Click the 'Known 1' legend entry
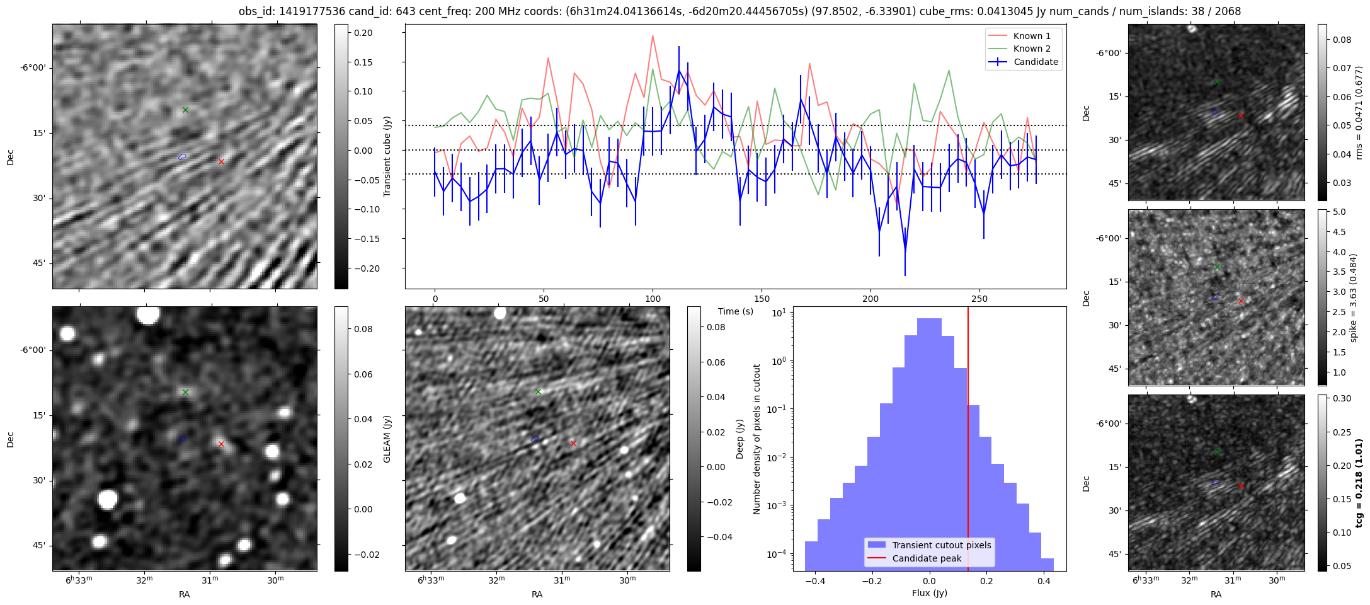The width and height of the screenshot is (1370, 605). tap(1031, 36)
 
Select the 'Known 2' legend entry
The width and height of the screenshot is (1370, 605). tap(1031, 49)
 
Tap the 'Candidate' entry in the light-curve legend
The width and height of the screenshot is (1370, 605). tap(1036, 62)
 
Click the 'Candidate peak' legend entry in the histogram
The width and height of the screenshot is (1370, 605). tap(927, 558)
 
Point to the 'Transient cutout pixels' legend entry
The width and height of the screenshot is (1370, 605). tap(941, 545)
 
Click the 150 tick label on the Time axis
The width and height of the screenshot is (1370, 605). tap(762, 299)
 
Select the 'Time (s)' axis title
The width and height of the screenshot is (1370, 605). tap(736, 311)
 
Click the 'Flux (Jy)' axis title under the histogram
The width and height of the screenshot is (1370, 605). tap(929, 593)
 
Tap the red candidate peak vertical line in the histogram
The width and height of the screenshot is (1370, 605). tap(968, 441)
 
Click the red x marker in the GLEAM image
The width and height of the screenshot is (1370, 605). tap(221, 444)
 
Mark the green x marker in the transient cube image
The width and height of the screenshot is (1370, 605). tap(186, 110)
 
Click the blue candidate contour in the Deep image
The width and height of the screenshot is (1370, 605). tap(535, 439)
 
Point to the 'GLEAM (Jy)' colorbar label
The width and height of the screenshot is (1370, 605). tap(387, 439)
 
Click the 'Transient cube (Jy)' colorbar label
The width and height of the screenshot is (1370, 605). tap(387, 156)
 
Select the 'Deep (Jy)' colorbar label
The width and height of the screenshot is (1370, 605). tap(739, 439)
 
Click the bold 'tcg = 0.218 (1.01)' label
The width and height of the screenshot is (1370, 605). tap(1359, 483)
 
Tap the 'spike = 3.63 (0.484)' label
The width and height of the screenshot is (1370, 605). tap(1353, 297)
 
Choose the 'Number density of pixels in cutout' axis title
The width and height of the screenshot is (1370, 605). tap(757, 439)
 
